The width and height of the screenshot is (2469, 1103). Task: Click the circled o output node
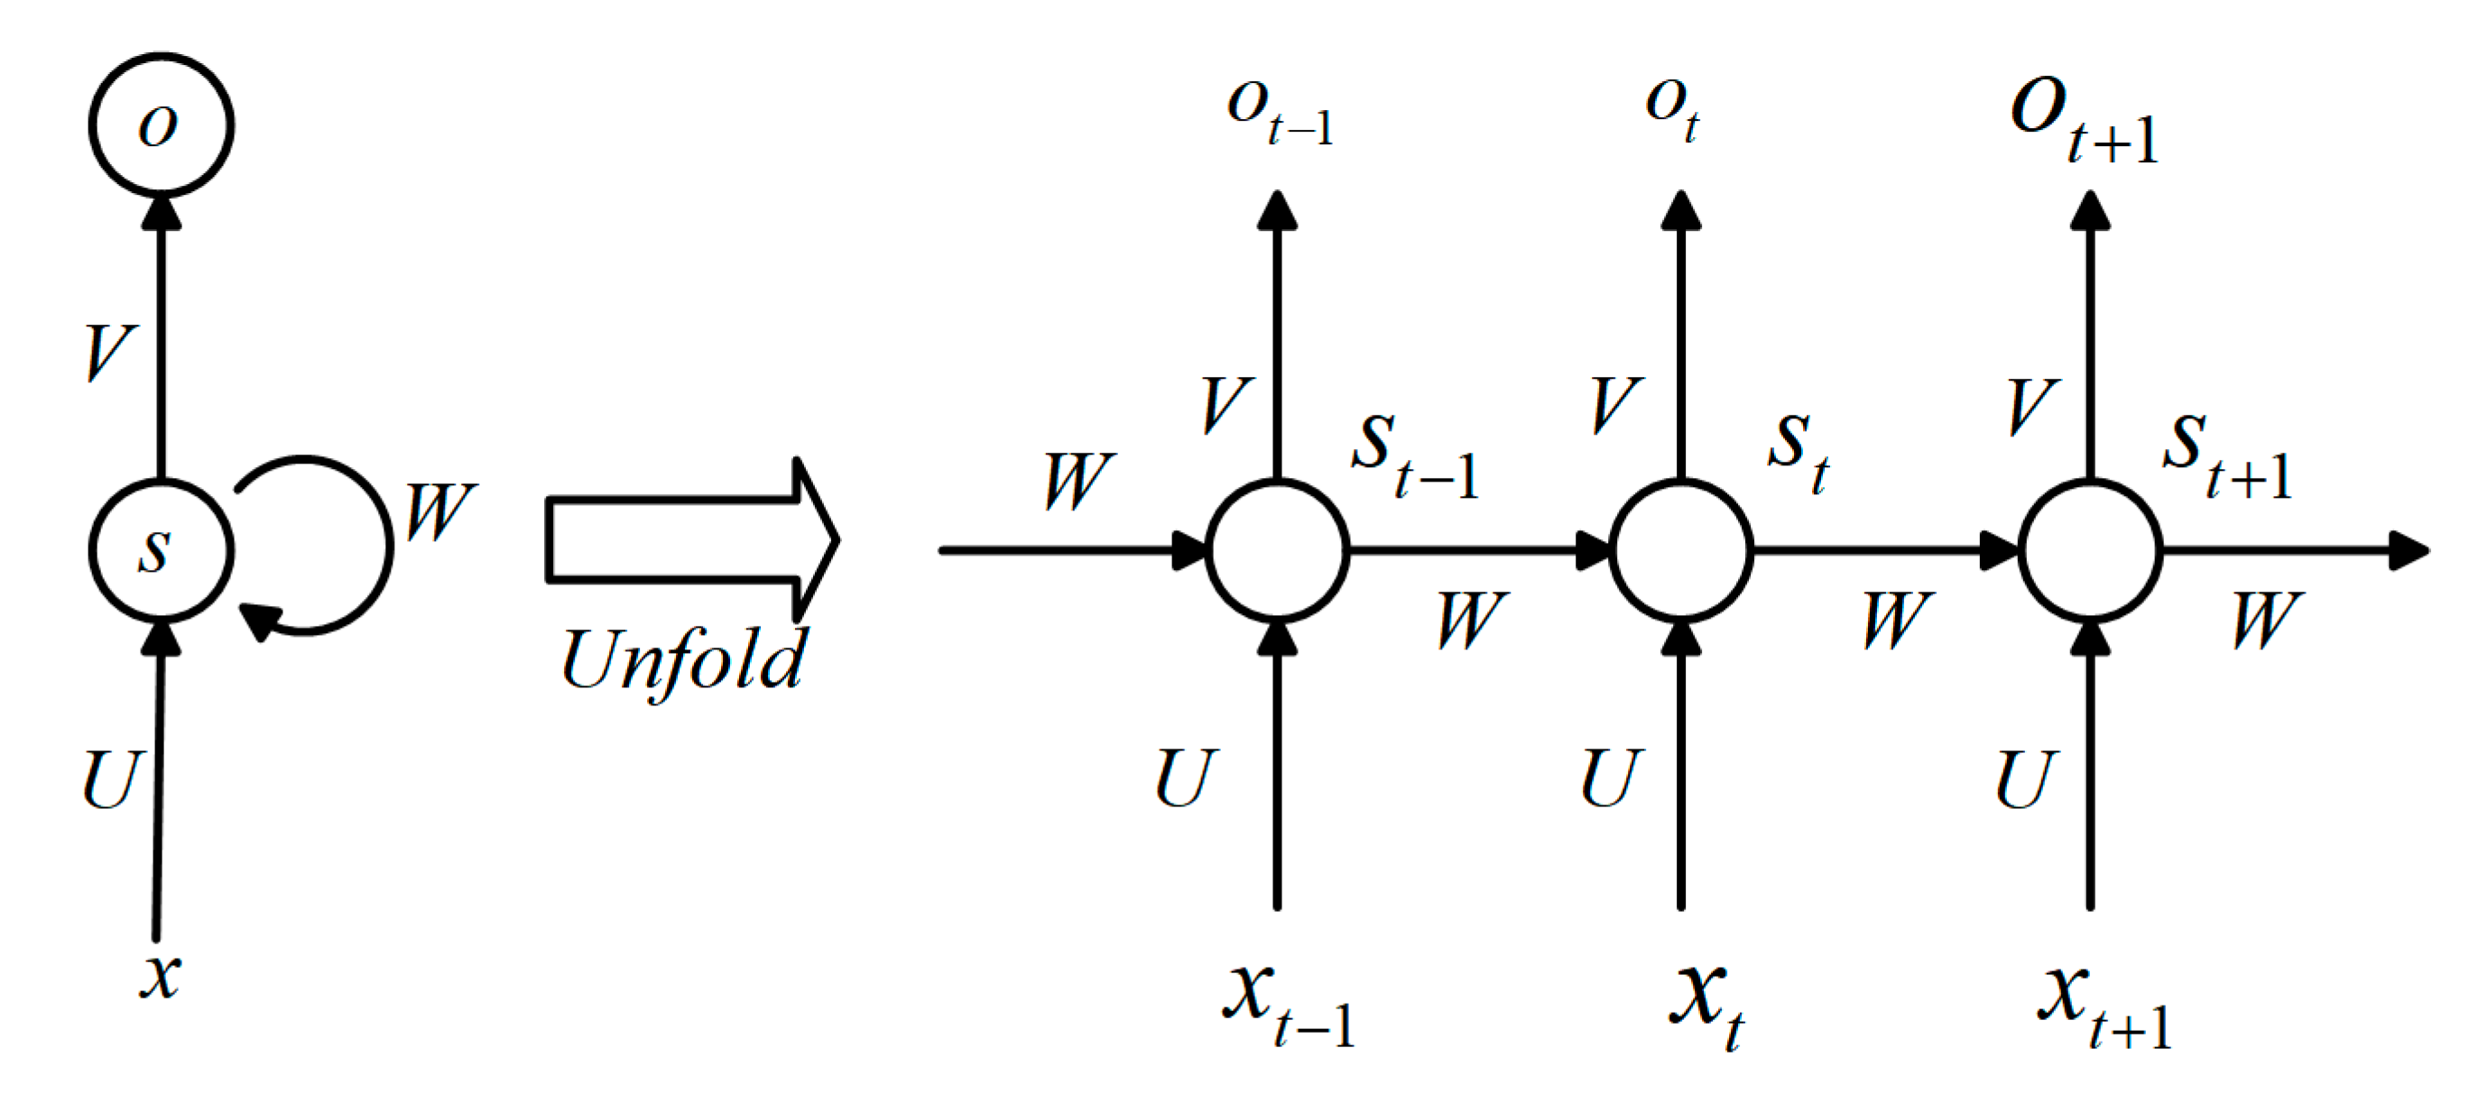click(161, 124)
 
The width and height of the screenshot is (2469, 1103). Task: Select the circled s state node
click(161, 550)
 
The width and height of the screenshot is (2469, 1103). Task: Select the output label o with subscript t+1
click(2084, 119)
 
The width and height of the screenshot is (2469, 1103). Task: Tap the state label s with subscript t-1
click(1415, 455)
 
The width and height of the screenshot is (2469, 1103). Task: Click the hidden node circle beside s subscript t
click(1681, 550)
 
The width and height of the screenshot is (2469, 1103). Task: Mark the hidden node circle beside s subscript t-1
click(1277, 550)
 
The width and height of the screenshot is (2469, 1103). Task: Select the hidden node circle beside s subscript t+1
click(2089, 550)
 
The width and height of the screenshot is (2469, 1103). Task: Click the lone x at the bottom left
click(159, 976)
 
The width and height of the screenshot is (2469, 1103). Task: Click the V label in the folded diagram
click(109, 351)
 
